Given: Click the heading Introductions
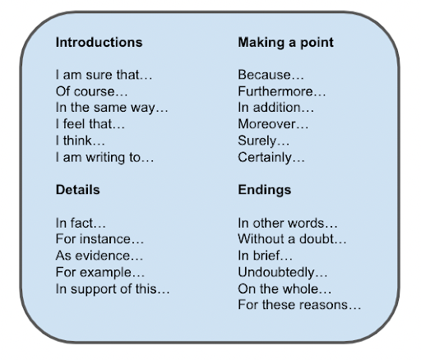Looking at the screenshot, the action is coord(99,43).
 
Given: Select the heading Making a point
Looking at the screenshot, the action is coord(285,43).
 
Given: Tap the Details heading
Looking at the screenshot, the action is coord(77,190).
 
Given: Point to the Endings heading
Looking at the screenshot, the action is coord(265,190).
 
